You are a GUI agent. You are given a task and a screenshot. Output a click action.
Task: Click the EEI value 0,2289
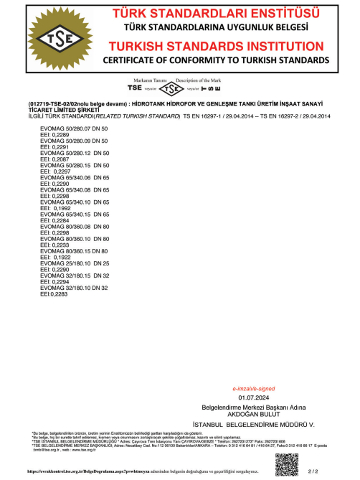pyautogui.click(x=60, y=134)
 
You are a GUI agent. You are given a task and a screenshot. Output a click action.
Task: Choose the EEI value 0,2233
pyautogui.click(x=60, y=245)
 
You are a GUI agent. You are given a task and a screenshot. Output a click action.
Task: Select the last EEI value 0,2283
pyautogui.click(x=58, y=294)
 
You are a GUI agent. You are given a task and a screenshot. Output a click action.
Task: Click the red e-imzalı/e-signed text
pyautogui.click(x=252, y=388)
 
